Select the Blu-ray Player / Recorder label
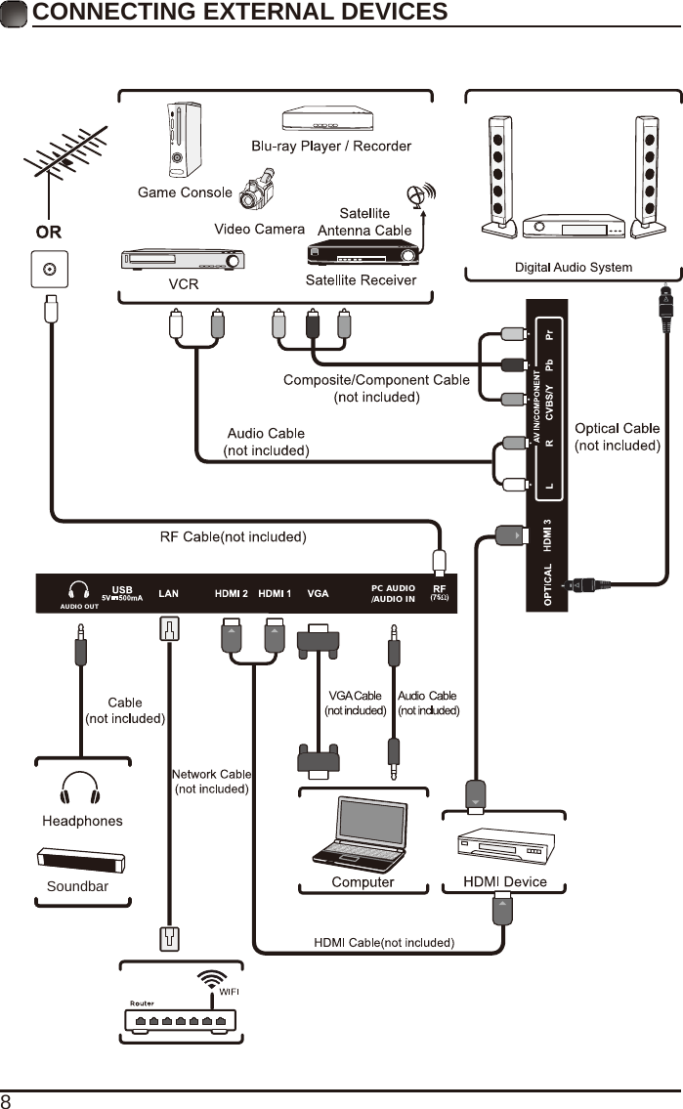tap(331, 147)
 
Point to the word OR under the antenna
tap(49, 234)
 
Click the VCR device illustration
tap(182, 260)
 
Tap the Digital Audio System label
tap(573, 267)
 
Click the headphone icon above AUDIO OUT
tap(78, 590)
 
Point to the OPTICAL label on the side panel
tap(548, 584)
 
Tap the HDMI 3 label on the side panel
tap(548, 534)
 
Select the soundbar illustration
tap(83, 861)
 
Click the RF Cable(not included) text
tap(234, 536)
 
